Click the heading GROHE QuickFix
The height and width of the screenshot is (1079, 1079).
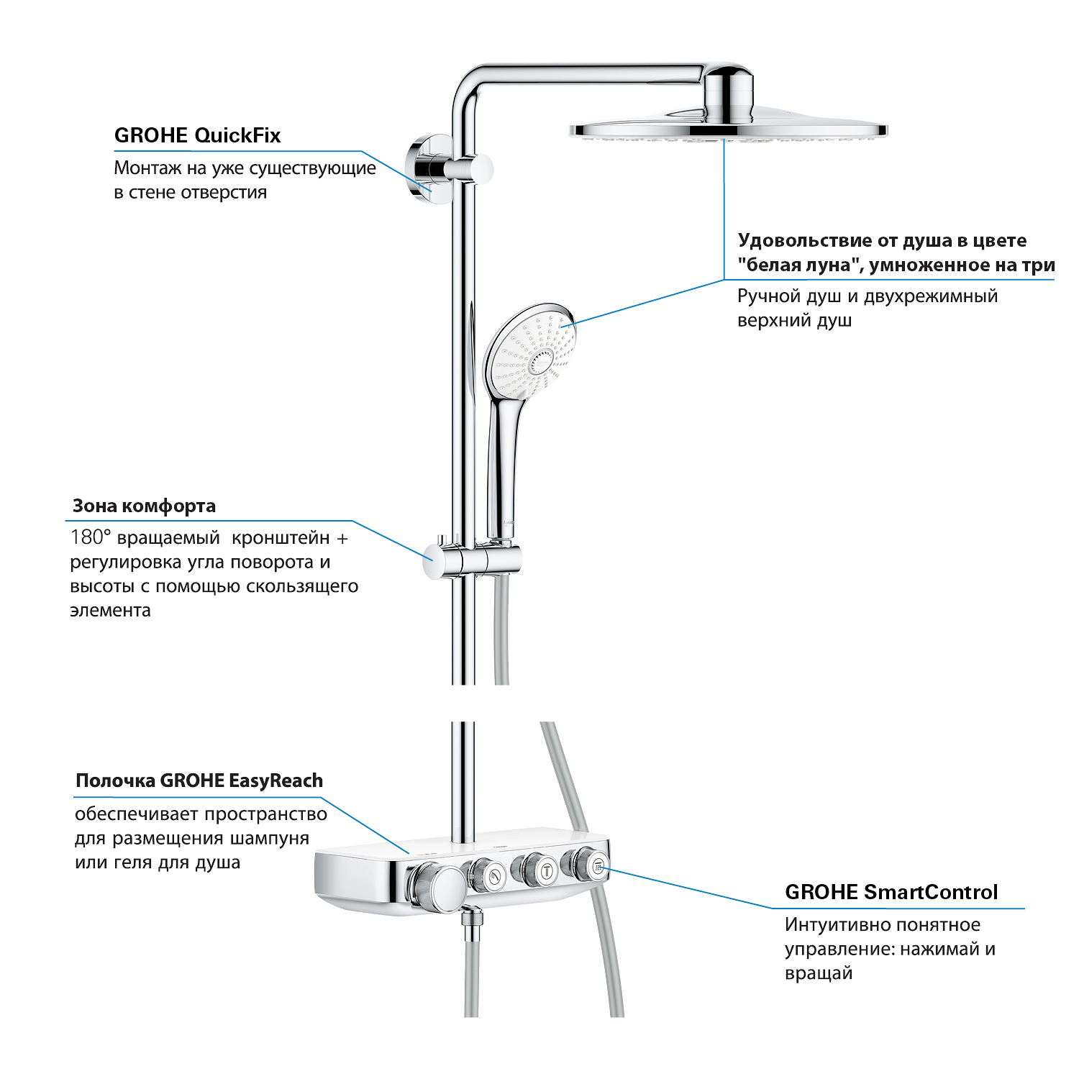[x=197, y=135]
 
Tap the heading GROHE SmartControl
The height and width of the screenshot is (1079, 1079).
[x=891, y=892]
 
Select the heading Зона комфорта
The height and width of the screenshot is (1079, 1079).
[x=144, y=506]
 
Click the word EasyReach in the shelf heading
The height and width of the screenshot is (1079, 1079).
[x=276, y=780]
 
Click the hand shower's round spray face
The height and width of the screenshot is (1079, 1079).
[x=531, y=352]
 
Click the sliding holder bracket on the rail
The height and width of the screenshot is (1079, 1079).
[x=470, y=559]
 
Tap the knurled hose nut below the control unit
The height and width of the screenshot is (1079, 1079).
[x=472, y=922]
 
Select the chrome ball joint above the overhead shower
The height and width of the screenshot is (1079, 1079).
[x=728, y=94]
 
